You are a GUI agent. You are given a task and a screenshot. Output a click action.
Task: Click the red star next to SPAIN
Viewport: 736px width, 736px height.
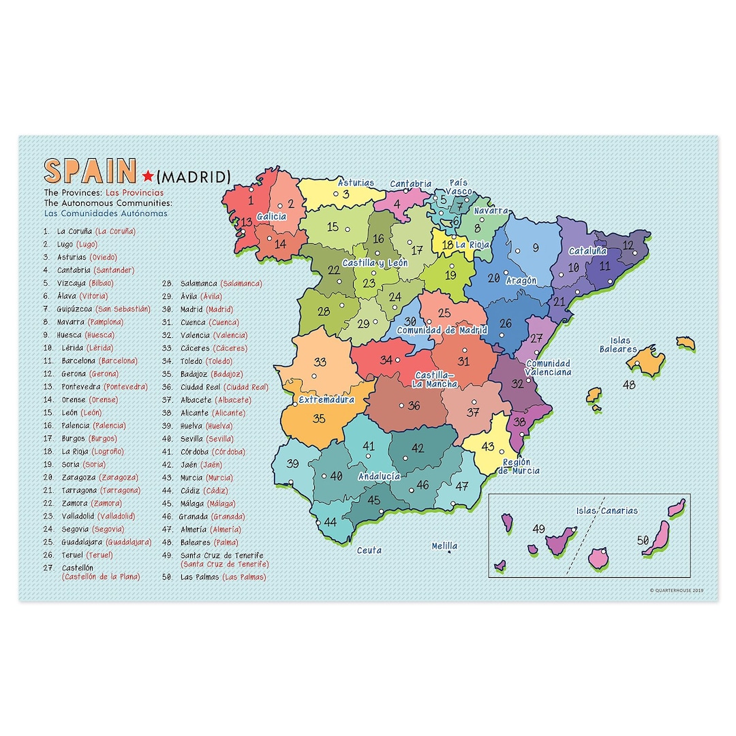[148, 177]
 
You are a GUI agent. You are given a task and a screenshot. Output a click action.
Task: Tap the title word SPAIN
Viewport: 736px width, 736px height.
[90, 172]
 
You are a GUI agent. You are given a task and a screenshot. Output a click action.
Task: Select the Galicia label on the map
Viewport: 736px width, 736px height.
[271, 217]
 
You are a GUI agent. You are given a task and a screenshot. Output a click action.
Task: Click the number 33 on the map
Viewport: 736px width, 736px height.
[320, 362]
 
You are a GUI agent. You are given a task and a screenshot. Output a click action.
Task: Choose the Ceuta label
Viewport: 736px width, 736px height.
[369, 550]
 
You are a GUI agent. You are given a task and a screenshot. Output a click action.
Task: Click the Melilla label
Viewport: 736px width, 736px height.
[444, 546]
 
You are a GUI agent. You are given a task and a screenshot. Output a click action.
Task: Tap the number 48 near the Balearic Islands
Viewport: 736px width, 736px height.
[629, 385]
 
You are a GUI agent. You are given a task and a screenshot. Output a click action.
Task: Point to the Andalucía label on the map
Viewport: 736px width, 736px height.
[379, 476]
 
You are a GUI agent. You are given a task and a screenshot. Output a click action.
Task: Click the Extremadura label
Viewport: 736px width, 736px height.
[326, 399]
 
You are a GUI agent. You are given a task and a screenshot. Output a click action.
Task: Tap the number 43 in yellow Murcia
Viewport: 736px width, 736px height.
[487, 446]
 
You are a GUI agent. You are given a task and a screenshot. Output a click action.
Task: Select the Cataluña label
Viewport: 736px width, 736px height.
[588, 250]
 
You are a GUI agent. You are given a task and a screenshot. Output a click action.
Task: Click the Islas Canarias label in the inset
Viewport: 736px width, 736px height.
[607, 510]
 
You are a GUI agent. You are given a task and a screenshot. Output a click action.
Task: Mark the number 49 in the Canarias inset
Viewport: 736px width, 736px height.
[539, 529]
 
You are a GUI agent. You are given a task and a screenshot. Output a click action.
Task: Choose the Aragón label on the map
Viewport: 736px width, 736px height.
[521, 280]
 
